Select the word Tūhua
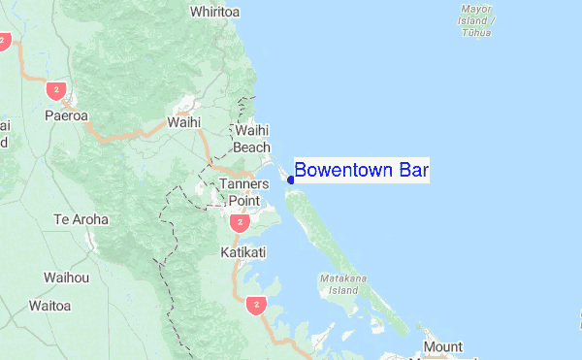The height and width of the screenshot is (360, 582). click(476, 32)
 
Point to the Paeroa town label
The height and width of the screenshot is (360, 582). click(67, 115)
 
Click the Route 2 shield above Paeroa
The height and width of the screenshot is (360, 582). click(54, 90)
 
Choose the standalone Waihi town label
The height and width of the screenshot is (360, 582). click(183, 122)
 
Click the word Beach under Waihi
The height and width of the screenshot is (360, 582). click(251, 147)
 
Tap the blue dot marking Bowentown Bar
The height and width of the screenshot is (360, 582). click(291, 180)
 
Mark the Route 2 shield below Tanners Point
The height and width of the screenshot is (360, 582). click(239, 223)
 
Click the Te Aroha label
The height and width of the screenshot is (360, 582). click(81, 220)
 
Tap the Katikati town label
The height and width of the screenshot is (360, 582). click(242, 251)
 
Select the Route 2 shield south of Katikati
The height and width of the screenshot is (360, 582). click(255, 305)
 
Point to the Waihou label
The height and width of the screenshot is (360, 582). click(67, 278)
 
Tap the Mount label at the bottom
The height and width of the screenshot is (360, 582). click(442, 346)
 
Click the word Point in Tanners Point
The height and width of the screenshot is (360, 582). click(244, 200)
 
